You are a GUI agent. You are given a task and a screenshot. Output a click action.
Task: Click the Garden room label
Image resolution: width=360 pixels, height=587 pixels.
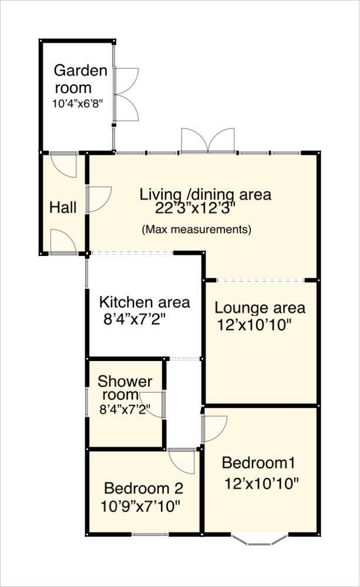pos(81,79)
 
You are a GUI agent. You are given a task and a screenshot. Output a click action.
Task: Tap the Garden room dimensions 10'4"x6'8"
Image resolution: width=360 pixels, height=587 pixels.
pos(78,103)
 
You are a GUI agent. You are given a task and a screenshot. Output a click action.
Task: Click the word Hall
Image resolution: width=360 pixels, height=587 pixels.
pos(63,207)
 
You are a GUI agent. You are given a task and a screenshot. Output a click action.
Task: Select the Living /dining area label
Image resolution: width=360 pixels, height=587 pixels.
pos(206,195)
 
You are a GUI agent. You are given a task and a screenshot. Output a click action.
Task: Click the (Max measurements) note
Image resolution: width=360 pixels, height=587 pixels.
pos(196,229)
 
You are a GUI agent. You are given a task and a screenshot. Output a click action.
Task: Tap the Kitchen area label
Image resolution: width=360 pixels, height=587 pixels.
pos(144,302)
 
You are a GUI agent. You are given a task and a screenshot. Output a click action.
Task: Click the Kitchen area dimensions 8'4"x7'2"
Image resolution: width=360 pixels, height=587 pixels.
pos(134,320)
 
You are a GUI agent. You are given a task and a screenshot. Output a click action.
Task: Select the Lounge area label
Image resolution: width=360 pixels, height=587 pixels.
pos(260,308)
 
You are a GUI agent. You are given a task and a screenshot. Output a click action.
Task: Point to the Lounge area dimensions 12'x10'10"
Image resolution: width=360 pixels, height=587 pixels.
pos(254,325)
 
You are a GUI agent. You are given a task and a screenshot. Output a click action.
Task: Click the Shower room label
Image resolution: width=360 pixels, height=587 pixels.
pos(125,388)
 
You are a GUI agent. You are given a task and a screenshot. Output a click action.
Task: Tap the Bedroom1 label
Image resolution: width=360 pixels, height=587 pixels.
pos(258,463)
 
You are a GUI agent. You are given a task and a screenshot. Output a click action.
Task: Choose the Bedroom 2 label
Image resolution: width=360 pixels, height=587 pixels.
pos(144,488)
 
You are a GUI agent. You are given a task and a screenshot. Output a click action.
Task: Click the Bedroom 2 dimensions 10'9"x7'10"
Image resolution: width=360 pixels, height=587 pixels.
pos(140,507)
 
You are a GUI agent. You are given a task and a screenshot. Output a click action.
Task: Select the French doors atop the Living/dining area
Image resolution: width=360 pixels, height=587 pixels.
pos(208,141)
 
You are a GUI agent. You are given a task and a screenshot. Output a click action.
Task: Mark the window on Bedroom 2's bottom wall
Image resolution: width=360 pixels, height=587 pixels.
pos(150,534)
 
